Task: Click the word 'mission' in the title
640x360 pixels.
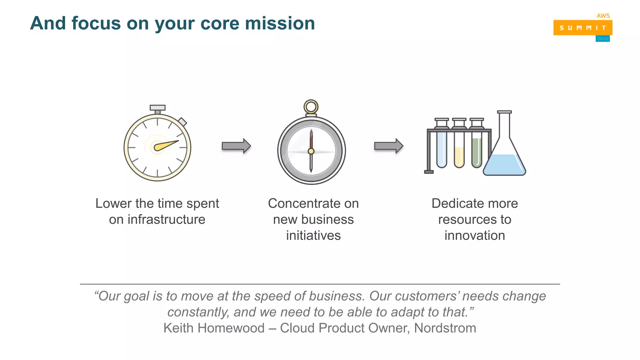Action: click(x=280, y=23)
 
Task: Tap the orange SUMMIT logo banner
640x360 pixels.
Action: click(x=582, y=28)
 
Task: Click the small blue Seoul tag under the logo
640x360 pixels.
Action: click(x=602, y=39)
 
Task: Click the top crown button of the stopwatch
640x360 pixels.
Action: click(x=157, y=108)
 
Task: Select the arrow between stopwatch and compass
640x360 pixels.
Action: click(x=236, y=146)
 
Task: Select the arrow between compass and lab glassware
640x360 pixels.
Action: click(x=388, y=146)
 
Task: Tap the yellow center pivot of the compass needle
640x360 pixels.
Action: click(x=311, y=152)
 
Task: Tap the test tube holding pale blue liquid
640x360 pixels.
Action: click(x=442, y=150)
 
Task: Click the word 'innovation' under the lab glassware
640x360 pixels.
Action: click(x=475, y=236)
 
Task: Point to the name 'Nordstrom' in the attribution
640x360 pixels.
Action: click(x=445, y=328)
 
